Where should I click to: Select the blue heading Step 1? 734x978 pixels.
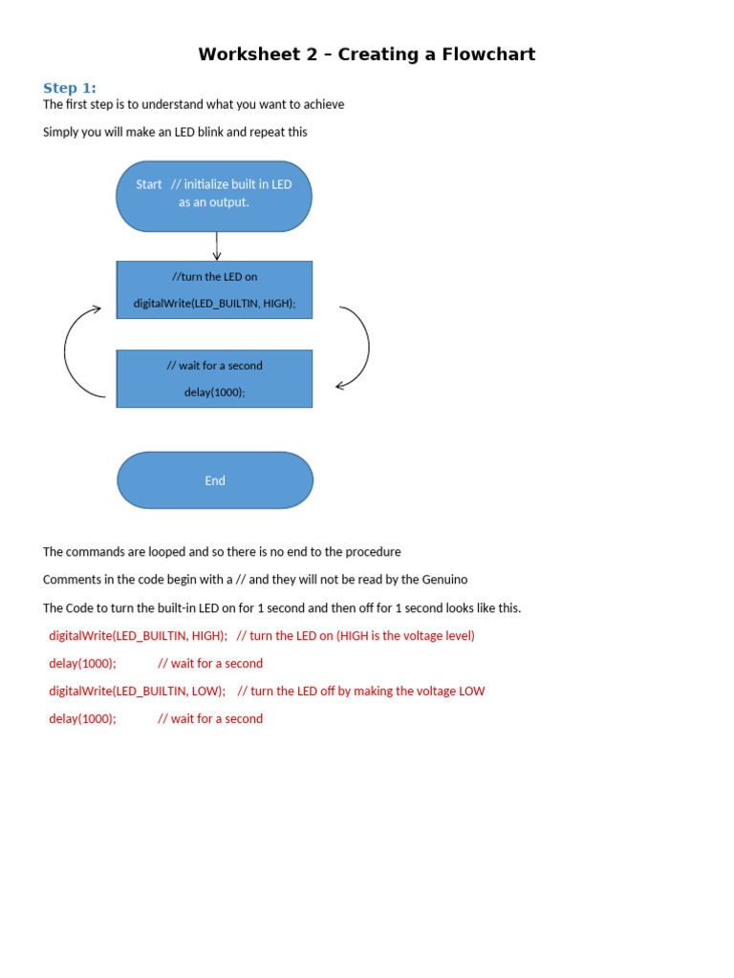point(70,88)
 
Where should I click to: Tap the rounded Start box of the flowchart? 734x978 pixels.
point(214,196)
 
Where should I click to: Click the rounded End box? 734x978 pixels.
point(215,480)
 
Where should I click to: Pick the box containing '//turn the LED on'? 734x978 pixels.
point(214,289)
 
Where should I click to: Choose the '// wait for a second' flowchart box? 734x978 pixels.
point(214,378)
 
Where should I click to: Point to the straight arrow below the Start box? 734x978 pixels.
point(217,245)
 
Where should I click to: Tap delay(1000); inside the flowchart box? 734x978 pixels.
point(214,393)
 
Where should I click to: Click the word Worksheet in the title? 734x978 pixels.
point(251,54)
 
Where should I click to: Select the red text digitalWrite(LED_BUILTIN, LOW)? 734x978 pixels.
point(138,691)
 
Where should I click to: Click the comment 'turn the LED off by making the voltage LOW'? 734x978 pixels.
point(368,691)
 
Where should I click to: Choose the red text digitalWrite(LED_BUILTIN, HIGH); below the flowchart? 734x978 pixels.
point(139,635)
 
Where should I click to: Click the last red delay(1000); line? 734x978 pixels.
point(82,718)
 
